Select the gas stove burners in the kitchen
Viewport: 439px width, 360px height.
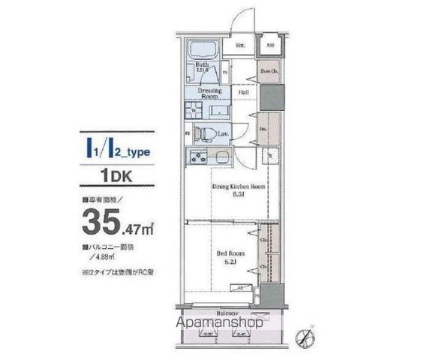pos(198,159)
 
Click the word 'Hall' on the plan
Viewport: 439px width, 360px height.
pos(243,93)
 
